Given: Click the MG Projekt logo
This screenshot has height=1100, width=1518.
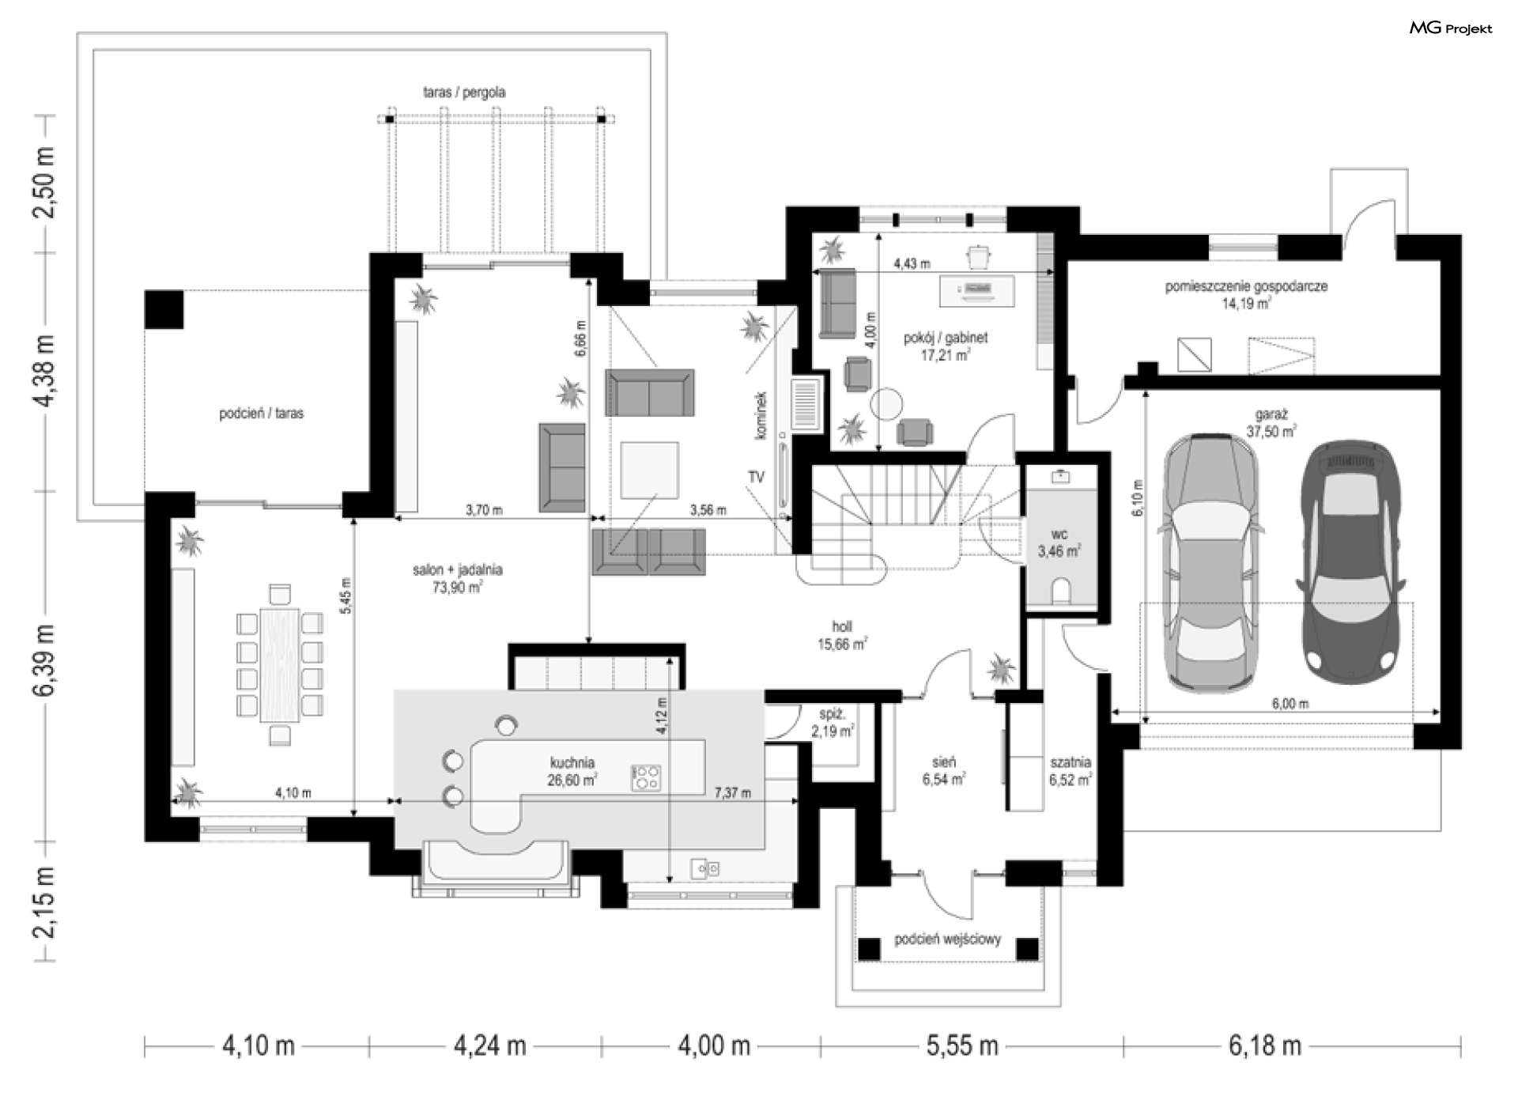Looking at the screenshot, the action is point(1451,28).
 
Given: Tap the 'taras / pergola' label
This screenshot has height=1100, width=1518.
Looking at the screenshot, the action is point(464,93).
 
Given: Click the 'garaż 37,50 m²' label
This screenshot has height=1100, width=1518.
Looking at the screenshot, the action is point(1271,423).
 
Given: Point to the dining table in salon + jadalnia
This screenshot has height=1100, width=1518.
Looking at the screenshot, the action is point(280,664).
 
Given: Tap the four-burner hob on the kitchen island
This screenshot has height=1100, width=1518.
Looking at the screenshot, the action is point(646,777).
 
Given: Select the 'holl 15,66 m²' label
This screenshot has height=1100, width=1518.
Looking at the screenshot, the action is point(842,636).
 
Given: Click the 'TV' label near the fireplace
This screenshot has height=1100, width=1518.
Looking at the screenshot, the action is point(756,478).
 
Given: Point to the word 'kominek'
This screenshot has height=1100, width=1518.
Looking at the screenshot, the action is point(761,415).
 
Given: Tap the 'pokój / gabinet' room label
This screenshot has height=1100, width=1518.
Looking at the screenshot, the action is point(946,338).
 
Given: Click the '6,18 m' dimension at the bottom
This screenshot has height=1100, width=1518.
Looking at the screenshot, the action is point(1265,1045).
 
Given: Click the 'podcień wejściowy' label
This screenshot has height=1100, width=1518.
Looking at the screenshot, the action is point(948,939).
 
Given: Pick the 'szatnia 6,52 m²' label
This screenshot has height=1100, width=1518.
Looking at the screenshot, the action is point(1071,771).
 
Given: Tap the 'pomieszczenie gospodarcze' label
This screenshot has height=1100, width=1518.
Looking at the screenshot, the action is point(1246,286).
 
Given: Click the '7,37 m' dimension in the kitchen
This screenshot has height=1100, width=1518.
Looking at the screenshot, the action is point(732,792).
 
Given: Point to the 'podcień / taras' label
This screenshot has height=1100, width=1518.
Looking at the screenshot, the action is point(261,413).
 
